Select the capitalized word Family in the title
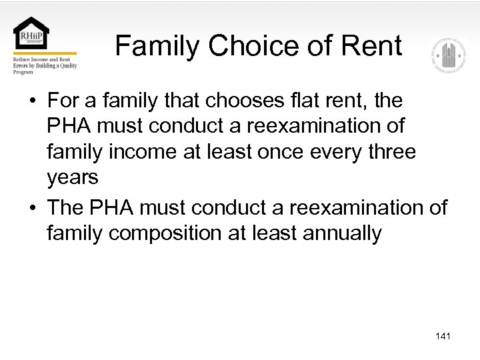(x=157, y=46)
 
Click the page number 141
(x=443, y=336)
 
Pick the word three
(x=387, y=151)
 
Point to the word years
(x=73, y=177)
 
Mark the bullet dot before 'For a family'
(x=31, y=101)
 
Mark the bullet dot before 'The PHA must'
(x=31, y=208)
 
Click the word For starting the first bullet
(x=63, y=101)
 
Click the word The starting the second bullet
(x=65, y=207)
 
